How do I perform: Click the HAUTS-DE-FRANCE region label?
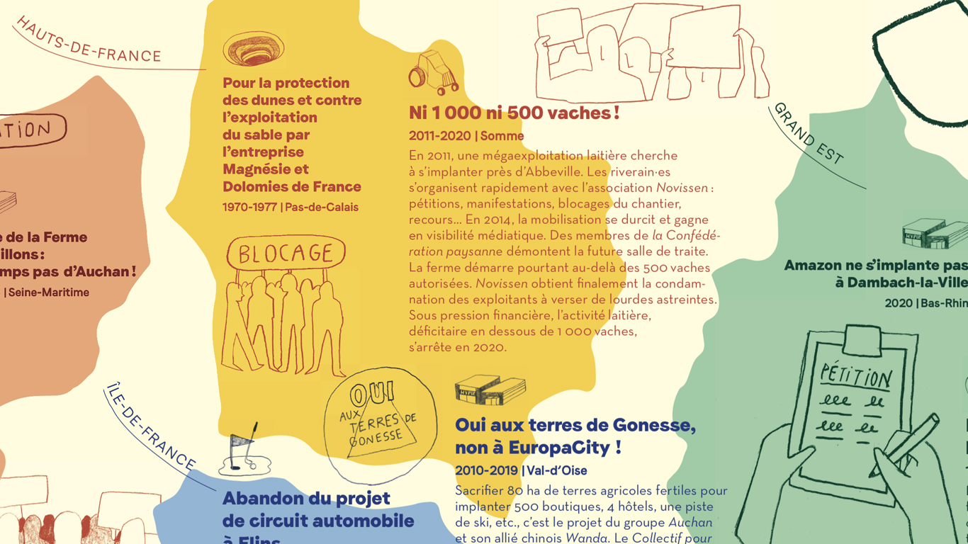pyautogui.click(x=89, y=41)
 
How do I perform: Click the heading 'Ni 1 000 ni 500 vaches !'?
pyautogui.click(x=514, y=113)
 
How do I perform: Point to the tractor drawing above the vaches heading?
pyautogui.click(x=434, y=72)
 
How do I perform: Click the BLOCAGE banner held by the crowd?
pyautogui.click(x=286, y=254)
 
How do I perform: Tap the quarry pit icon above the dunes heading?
pyautogui.click(x=253, y=50)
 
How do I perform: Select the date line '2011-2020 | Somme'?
pyautogui.click(x=466, y=136)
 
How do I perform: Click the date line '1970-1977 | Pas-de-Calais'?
pyautogui.click(x=291, y=207)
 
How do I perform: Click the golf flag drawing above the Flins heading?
pyautogui.click(x=244, y=452)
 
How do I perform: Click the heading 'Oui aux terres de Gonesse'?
pyautogui.click(x=575, y=425)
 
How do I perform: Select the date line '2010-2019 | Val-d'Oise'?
pyautogui.click(x=521, y=470)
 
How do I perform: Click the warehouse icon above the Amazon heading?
pyautogui.click(x=934, y=234)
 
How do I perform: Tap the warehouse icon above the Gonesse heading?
pyautogui.click(x=490, y=390)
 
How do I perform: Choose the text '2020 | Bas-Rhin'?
pyautogui.click(x=925, y=303)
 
